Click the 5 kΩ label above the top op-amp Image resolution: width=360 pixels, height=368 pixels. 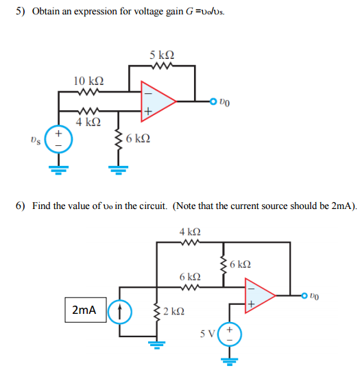[162, 55]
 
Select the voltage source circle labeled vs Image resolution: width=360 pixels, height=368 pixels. [58, 139]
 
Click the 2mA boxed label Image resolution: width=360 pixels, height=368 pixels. [84, 310]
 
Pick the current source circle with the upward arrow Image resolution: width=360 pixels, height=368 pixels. [120, 310]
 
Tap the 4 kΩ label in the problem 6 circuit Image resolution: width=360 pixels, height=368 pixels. [189, 232]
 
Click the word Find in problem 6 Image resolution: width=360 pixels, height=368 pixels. [44, 206]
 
